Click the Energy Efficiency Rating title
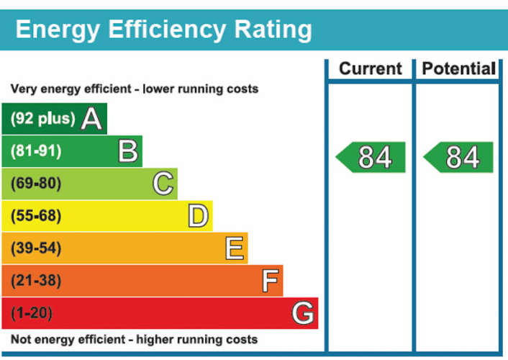coord(163,30)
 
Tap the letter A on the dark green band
coord(91,119)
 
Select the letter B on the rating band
coord(127,151)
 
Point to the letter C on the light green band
coord(163,184)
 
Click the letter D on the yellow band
coord(198,216)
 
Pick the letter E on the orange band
coord(234,248)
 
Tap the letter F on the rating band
coord(269,281)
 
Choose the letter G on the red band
coord(303,313)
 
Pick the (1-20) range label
coord(32,313)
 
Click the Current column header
coord(370,69)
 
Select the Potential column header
coord(458,69)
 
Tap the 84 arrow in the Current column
coord(372,157)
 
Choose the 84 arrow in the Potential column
coord(459,157)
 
